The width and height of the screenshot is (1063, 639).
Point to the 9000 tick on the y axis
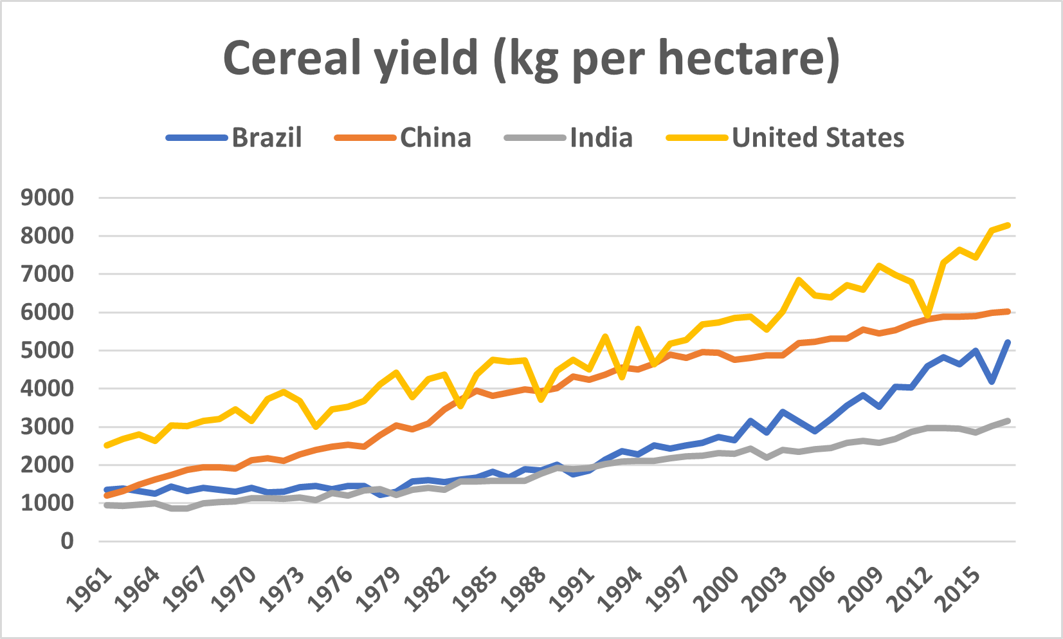(47, 198)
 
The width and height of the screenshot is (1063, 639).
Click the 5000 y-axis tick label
(47, 351)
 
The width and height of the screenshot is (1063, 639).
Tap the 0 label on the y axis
(67, 541)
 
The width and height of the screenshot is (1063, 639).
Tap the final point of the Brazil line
(1008, 342)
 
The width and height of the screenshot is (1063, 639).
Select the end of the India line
(1008, 421)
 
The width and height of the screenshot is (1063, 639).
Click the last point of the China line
(1008, 311)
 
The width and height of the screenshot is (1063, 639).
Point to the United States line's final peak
(1008, 225)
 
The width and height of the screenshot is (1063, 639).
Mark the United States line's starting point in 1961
(107, 445)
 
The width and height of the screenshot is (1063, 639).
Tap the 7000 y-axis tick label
(47, 274)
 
